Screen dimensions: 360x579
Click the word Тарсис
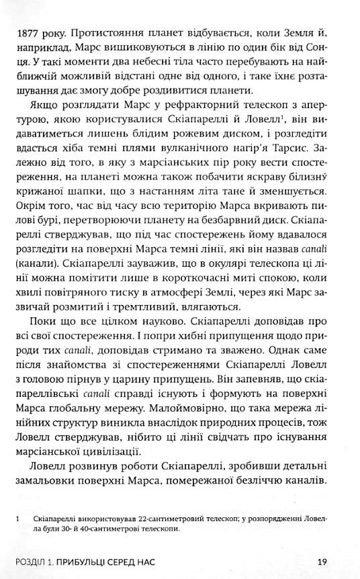point(312,152)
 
